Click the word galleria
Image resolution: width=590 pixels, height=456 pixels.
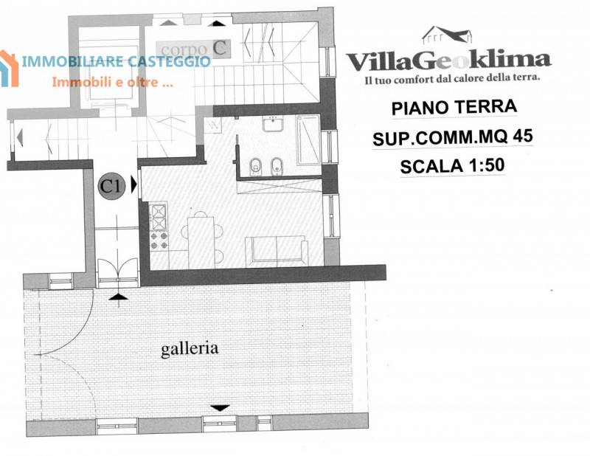point(190,349)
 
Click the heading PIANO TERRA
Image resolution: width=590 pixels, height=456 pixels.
point(454,107)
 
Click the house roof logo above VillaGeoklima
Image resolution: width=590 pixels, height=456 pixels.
point(447,34)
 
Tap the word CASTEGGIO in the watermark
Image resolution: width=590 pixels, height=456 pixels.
point(168,61)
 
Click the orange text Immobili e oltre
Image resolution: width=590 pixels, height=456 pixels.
point(112,82)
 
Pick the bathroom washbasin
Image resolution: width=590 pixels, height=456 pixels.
point(273,123)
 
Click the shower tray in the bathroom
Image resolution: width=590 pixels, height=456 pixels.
point(308,139)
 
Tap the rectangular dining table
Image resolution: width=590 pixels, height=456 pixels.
point(201,242)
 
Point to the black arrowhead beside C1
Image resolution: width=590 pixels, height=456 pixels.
point(133,184)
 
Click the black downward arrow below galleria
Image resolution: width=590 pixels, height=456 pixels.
point(220,408)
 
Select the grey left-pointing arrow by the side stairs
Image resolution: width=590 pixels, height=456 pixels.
point(20,137)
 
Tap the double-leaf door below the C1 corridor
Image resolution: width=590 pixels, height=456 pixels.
point(117,268)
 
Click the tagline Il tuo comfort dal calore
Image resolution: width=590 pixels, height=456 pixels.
point(452,79)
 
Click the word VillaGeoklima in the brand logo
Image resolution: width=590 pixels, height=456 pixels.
point(448,61)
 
